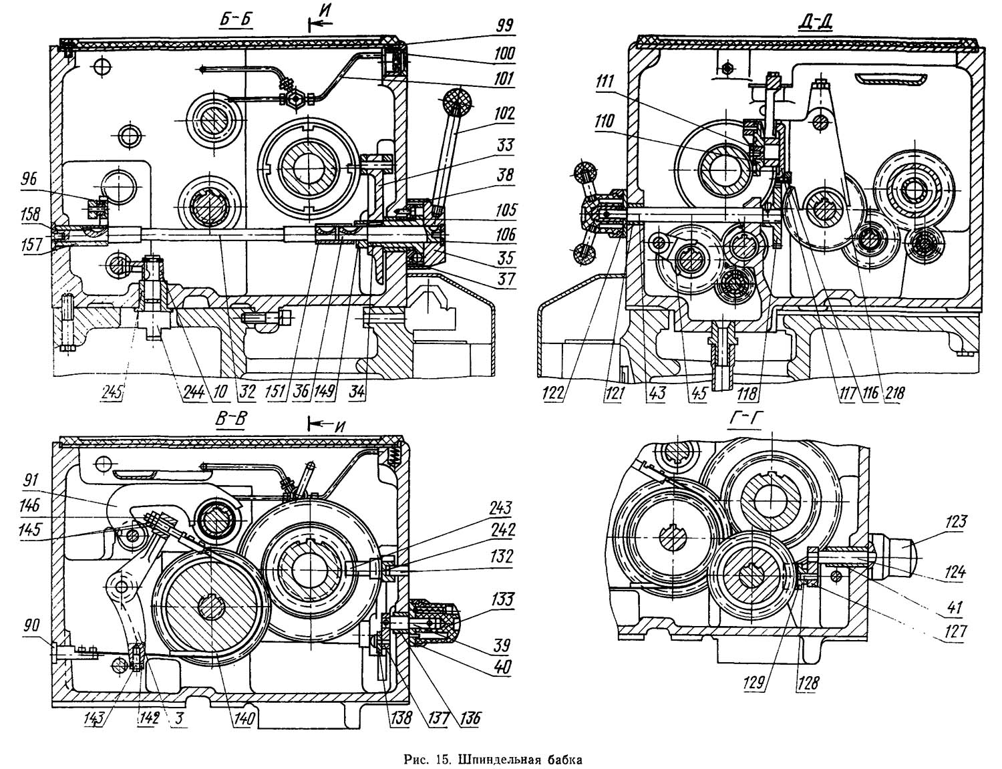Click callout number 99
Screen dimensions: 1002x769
(x=504, y=26)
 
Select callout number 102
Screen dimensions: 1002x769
(x=504, y=114)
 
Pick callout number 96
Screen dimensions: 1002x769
(x=29, y=179)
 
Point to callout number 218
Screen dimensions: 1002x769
(x=894, y=394)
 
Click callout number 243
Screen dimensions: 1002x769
(x=500, y=508)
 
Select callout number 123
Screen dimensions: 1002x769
(x=955, y=522)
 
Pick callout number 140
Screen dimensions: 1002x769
(x=244, y=718)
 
